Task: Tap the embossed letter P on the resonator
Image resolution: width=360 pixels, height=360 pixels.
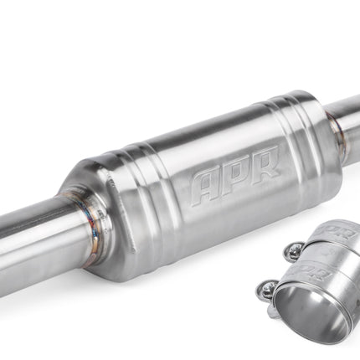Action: [x=236, y=172]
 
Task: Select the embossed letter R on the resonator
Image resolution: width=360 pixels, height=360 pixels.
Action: [x=265, y=162]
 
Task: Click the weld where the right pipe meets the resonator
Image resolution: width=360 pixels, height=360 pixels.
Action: [x=338, y=136]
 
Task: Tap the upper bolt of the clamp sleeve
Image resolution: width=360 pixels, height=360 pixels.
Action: [x=294, y=251]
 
